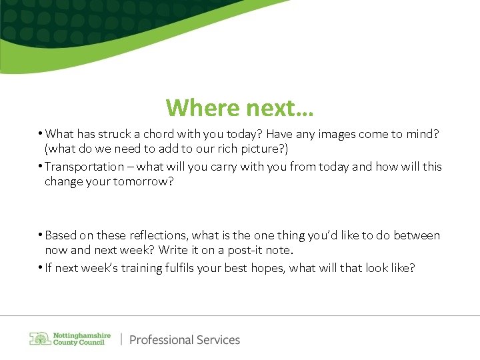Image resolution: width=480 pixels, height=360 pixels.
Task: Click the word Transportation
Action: [84, 167]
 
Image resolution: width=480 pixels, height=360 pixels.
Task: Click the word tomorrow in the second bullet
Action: [139, 181]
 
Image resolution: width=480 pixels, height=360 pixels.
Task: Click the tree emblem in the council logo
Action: [39, 339]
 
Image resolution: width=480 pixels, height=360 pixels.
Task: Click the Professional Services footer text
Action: [185, 339]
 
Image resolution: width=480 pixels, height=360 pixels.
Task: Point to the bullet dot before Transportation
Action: [40, 167]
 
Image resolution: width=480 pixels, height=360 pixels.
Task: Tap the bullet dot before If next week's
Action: [40, 268]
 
